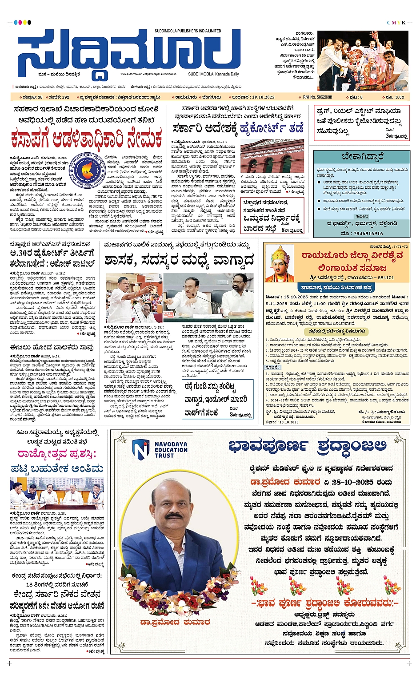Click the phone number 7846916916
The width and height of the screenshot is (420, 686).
point(362,233)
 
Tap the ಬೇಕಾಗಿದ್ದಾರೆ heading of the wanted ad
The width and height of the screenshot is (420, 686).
point(362,157)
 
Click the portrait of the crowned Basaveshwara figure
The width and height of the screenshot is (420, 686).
point(280,264)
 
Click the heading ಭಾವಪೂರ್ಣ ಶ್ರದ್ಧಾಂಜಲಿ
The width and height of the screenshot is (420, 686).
point(307,445)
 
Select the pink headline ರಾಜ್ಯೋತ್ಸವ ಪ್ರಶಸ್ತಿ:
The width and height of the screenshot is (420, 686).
point(56,454)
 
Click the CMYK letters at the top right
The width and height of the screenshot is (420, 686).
point(396,23)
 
